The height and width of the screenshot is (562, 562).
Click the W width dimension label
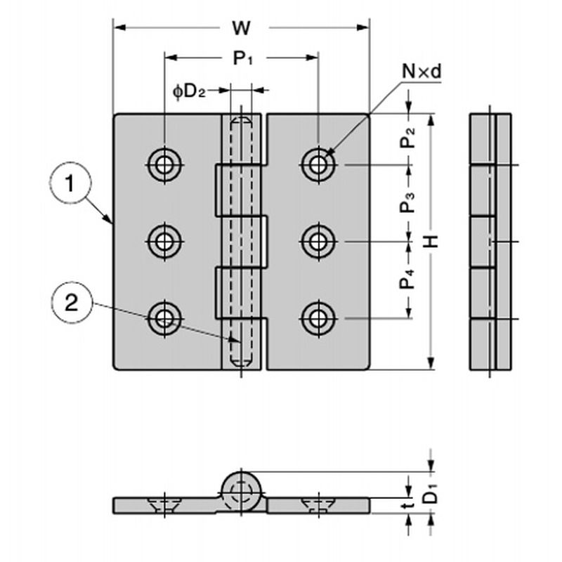242,28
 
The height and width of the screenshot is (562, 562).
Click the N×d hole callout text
421,70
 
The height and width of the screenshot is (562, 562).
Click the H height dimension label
433,241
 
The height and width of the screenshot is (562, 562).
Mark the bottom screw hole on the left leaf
165,319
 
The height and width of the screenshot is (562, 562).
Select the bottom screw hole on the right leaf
319,319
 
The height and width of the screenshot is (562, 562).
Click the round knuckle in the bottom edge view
242,489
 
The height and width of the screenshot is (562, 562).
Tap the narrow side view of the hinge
490,241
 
